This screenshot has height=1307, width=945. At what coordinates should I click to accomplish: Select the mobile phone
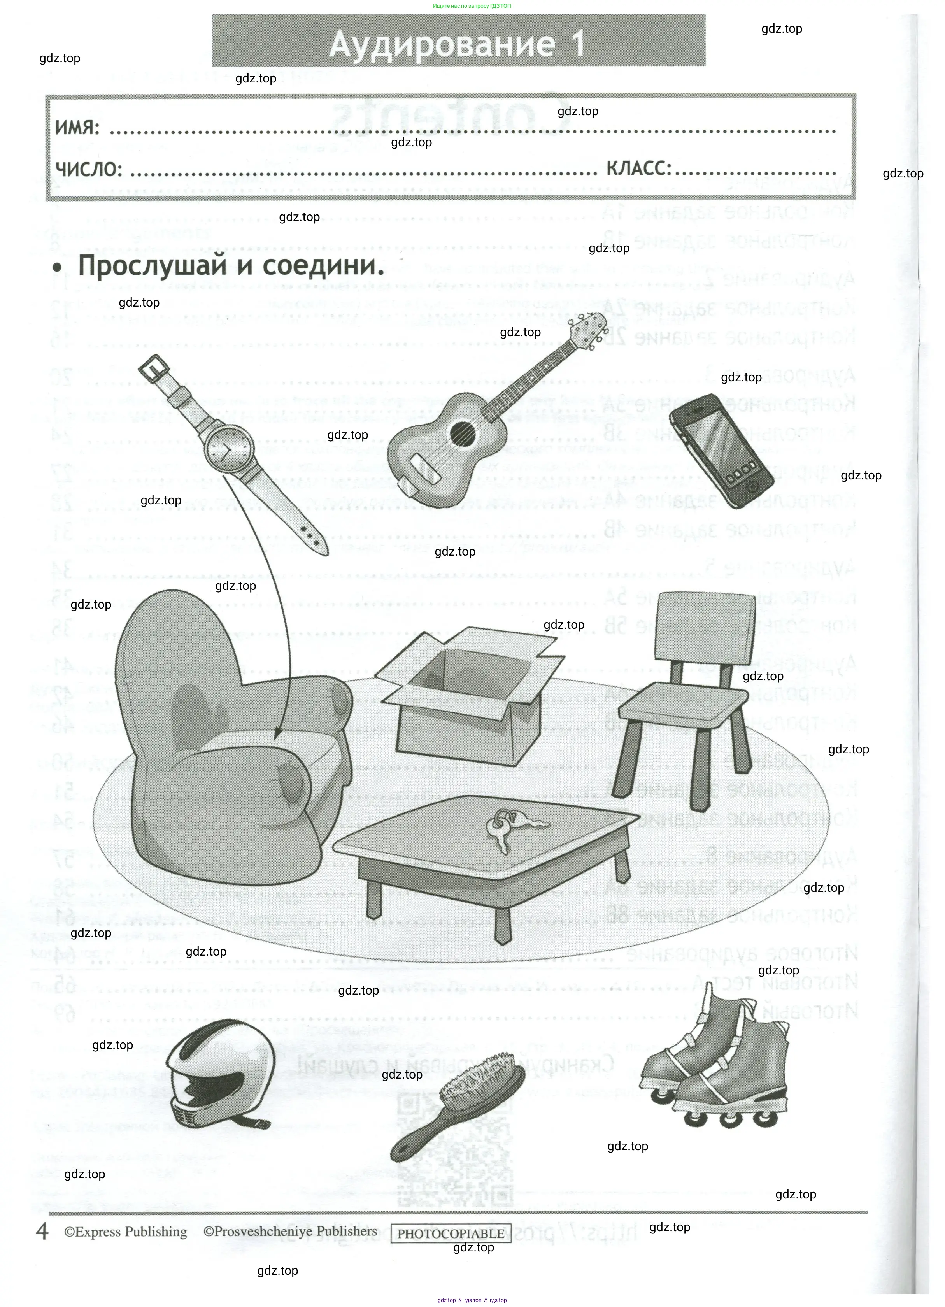pyautogui.click(x=721, y=451)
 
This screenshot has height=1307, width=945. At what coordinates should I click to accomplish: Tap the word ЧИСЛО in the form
pyautogui.click(x=89, y=169)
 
